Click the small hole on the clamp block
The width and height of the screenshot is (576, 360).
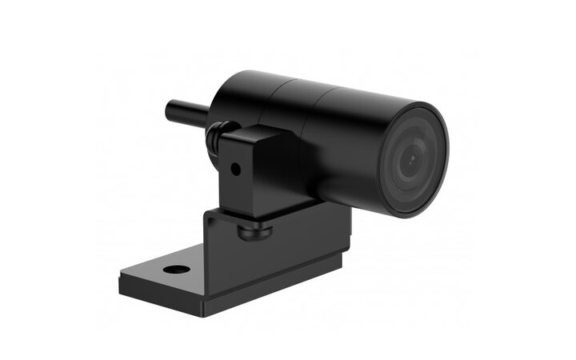(234, 170)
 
